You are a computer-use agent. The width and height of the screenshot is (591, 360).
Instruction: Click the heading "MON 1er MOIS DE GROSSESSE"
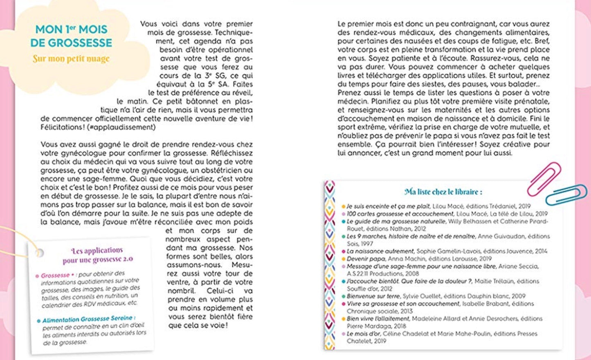point(71,36)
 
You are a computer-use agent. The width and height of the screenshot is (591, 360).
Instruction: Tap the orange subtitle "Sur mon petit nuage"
point(71,59)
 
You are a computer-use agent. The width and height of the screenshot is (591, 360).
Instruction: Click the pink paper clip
point(544,178)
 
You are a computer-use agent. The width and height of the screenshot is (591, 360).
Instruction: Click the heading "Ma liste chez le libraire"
point(443,192)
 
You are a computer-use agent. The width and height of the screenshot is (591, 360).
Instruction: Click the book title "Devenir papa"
point(363,259)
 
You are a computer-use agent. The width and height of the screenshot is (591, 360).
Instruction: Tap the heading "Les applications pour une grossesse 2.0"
point(97,255)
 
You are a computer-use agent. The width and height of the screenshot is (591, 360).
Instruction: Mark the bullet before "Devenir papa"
point(344,259)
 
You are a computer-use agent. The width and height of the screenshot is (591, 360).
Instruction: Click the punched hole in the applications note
point(40,252)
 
